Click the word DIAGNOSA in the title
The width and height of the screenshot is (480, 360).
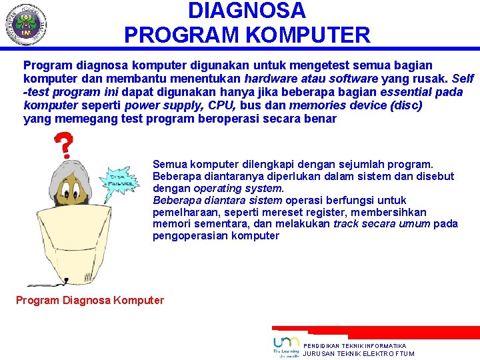[x=247, y=11]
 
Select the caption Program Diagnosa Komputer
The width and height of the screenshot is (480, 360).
[x=89, y=300]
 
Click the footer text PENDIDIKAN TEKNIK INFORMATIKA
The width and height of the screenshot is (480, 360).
[x=355, y=346]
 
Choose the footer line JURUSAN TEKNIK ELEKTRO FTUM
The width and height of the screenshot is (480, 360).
[x=359, y=354]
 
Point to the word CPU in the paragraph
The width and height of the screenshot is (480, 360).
[x=221, y=105]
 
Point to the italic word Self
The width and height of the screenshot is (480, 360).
[x=463, y=79]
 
